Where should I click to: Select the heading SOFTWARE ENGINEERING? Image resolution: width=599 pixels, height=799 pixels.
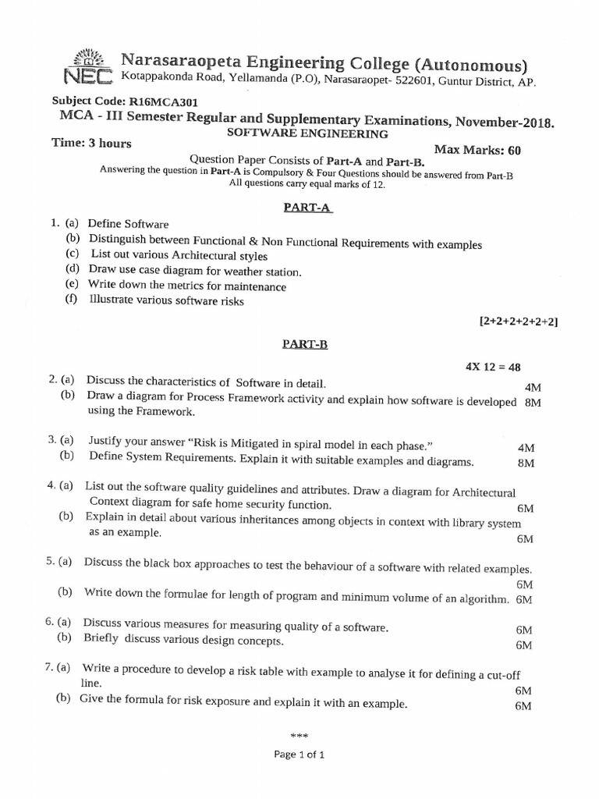(307, 133)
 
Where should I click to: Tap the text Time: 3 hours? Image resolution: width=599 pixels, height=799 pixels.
(91, 144)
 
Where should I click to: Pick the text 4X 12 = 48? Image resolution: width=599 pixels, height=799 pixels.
(496, 366)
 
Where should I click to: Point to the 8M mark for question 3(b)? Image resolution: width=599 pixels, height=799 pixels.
(526, 463)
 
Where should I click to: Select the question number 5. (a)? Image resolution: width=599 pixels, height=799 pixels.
(59, 561)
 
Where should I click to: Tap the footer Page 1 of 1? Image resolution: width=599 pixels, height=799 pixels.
(299, 755)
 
